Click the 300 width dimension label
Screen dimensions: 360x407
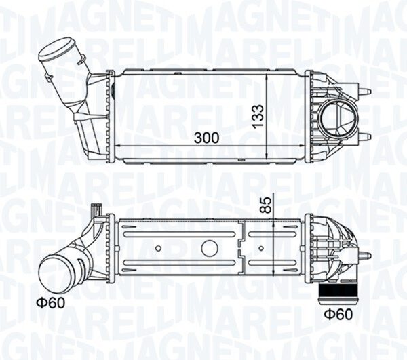click(x=206, y=138)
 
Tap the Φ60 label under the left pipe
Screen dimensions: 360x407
click(x=51, y=302)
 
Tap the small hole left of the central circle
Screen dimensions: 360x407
click(x=158, y=248)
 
